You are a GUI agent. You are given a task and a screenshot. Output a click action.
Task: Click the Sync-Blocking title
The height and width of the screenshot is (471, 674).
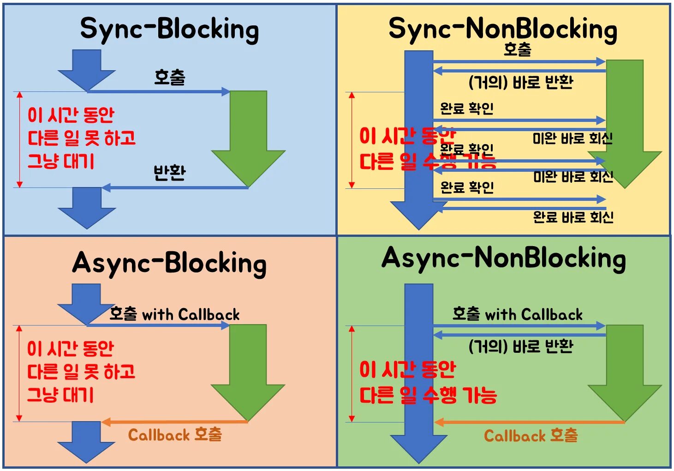click(169, 29)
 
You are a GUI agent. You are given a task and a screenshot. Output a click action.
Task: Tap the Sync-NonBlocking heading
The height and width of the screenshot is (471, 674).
click(503, 29)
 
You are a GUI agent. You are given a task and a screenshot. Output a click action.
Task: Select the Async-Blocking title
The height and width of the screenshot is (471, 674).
click(169, 263)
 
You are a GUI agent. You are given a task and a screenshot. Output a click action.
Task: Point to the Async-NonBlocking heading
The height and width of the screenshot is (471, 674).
click(503, 258)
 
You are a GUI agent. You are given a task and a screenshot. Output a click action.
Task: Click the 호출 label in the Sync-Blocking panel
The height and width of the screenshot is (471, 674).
click(169, 77)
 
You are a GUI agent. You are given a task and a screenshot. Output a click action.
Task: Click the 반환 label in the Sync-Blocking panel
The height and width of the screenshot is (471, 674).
click(169, 173)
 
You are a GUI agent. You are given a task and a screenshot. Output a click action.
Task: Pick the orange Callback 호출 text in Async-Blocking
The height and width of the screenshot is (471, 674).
click(175, 435)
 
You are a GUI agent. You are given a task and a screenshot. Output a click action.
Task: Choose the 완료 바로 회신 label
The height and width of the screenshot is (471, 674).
click(573, 217)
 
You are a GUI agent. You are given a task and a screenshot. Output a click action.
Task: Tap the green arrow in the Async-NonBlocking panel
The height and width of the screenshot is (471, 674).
click(625, 369)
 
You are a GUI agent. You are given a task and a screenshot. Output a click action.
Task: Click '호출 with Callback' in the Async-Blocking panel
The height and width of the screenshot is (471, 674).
click(174, 314)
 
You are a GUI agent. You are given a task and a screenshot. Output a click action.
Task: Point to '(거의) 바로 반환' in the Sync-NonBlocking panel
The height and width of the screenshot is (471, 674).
click(521, 83)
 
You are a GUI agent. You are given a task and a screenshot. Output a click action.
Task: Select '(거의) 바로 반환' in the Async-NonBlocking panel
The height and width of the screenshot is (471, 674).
click(521, 346)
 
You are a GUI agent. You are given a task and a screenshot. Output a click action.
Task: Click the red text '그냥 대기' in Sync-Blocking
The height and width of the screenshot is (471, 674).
click(61, 161)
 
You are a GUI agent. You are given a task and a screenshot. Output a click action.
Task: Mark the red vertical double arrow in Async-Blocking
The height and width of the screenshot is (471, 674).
click(19, 373)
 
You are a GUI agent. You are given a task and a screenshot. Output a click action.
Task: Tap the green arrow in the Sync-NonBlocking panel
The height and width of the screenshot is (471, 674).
click(625, 120)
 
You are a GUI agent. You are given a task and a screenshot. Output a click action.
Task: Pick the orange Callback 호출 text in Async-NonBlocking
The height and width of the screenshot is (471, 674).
click(531, 435)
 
